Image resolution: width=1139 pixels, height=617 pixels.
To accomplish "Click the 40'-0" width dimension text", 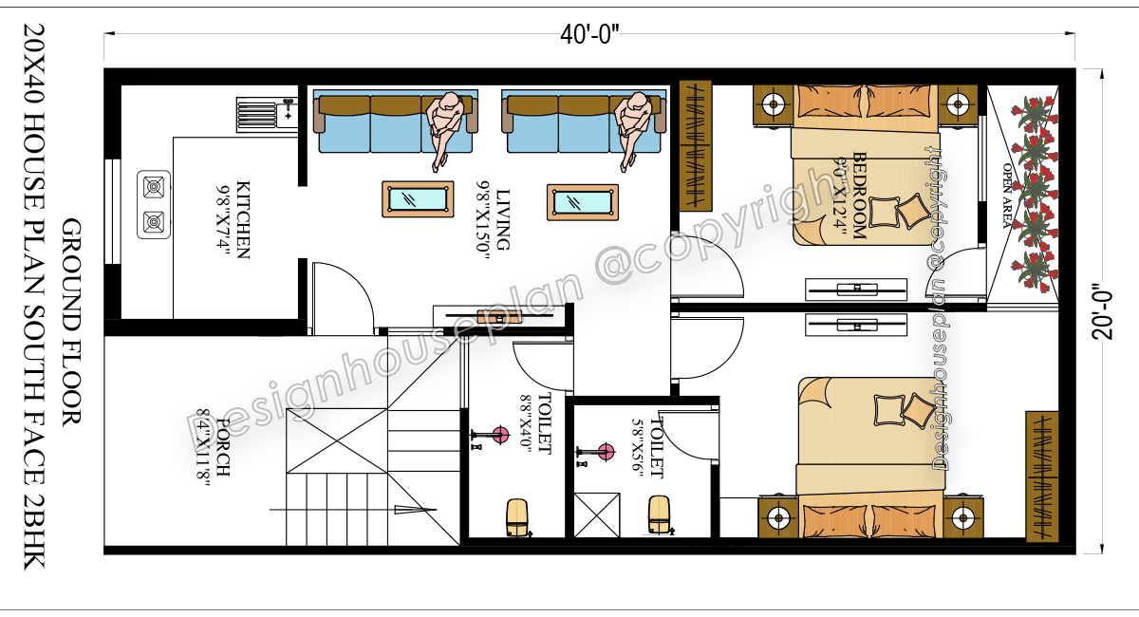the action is (589, 35).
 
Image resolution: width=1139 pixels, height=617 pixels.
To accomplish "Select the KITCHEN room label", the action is (243, 219).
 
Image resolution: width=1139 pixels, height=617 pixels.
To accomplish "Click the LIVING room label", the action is (502, 219).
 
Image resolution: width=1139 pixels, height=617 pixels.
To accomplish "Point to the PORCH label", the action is (223, 447).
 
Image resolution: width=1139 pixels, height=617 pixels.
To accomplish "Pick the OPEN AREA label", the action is (1008, 196).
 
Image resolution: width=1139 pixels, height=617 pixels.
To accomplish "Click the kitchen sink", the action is (268, 115).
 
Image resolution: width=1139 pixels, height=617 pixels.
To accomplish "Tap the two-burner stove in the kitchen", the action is (154, 204).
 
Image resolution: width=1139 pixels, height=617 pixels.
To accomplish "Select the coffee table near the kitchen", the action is (418, 199).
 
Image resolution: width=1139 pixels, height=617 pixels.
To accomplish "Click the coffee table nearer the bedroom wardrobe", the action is (583, 202).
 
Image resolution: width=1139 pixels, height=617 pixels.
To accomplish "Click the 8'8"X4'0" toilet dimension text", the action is (527, 421).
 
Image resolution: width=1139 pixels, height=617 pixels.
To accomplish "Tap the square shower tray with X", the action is (597, 514).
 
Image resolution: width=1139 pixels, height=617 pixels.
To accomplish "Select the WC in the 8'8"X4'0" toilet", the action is (517, 518).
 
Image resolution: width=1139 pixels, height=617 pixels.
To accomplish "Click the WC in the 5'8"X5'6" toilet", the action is (660, 515).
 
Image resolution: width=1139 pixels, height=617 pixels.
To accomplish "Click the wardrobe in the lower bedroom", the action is (1042, 477).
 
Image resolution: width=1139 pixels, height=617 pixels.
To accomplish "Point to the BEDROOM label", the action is (859, 196).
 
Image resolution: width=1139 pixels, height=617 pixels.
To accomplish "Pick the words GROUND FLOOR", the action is (72, 324).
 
